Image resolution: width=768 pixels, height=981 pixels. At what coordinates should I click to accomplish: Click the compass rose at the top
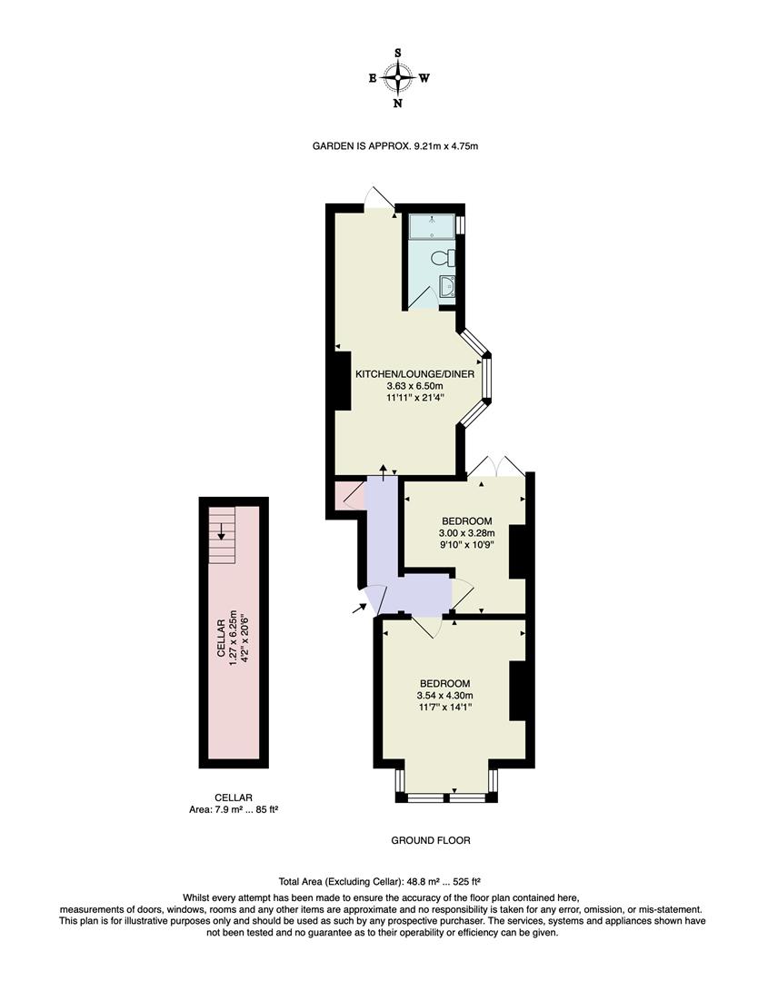pyautogui.click(x=397, y=78)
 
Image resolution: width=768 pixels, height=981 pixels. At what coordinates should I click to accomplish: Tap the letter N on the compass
pyautogui.click(x=397, y=103)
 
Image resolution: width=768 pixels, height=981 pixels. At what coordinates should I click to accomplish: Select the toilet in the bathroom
pyautogui.click(x=444, y=255)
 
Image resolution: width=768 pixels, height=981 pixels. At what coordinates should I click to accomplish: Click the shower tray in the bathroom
pyautogui.click(x=432, y=226)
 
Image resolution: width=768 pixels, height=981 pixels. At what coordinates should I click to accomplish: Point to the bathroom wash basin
pyautogui.click(x=447, y=287)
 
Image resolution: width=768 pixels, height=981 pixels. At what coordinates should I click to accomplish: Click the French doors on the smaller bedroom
pyautogui.click(x=496, y=465)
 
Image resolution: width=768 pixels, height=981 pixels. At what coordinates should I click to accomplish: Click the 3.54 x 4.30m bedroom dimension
pyautogui.click(x=444, y=696)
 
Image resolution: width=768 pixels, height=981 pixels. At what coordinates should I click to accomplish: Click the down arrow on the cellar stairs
pyautogui.click(x=221, y=532)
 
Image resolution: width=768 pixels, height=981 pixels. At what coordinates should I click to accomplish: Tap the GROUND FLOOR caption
pyautogui.click(x=431, y=840)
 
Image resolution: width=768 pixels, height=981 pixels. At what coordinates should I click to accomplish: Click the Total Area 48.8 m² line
pyautogui.click(x=379, y=881)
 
